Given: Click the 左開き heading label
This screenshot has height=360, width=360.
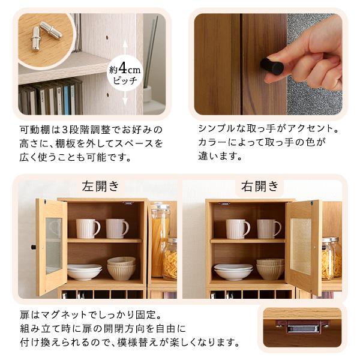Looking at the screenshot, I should (102, 185).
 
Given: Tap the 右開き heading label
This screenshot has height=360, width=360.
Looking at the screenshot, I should (260, 185).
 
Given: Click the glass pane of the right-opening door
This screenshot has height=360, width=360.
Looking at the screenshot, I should (304, 245).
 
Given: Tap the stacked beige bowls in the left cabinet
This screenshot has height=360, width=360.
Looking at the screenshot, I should (121, 268).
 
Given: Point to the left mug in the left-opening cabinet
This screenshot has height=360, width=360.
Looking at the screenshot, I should (88, 228).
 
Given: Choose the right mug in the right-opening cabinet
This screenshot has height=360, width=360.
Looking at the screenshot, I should (269, 228).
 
